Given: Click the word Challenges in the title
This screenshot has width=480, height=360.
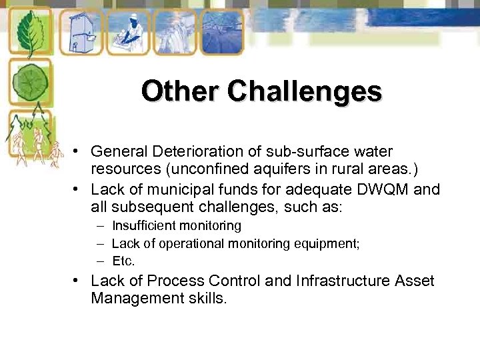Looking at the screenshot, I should pyautogui.click(x=305, y=91).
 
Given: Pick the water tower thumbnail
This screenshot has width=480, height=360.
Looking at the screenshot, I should pyautogui.click(x=80, y=32).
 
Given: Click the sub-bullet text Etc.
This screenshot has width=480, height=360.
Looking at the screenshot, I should pyautogui.click(x=123, y=261).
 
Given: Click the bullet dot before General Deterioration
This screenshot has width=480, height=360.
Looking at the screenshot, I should pyautogui.click(x=78, y=152).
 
